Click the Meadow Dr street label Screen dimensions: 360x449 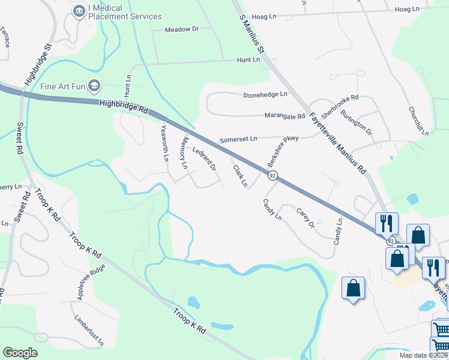(181, 29)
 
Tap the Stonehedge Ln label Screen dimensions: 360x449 (265, 95)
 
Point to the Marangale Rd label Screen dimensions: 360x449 (285, 116)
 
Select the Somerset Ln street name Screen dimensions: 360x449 (238, 139)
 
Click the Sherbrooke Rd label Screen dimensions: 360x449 (340, 105)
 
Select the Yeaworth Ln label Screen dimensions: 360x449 (166, 143)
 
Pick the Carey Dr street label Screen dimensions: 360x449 (306, 218)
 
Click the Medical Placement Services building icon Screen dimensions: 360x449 (79, 11)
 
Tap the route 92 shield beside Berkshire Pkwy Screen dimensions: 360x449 (273, 175)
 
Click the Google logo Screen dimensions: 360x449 (20, 353)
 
